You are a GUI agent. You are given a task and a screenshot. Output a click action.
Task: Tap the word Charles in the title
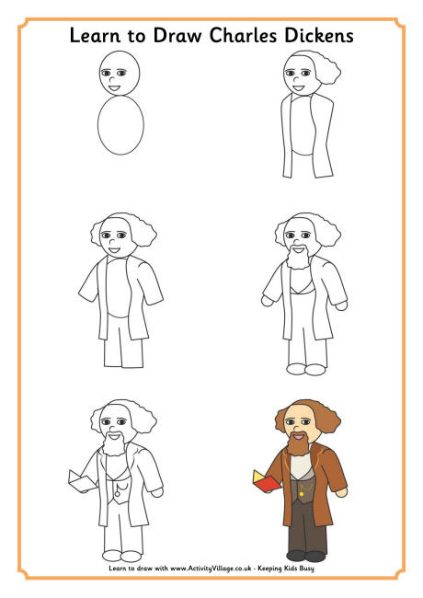pyautogui.click(x=243, y=35)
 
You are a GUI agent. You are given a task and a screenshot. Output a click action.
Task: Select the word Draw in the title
pyautogui.click(x=177, y=35)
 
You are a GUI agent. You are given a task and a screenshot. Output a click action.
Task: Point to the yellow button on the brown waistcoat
pyautogui.click(x=302, y=493)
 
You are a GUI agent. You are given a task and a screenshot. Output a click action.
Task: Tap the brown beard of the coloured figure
pyautogui.click(x=298, y=443)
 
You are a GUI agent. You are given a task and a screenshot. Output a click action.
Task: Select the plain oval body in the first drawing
pyautogui.click(x=120, y=125)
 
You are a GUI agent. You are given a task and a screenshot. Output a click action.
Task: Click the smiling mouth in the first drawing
pyautogui.click(x=115, y=88)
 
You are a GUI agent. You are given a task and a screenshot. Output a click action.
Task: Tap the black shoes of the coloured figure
pyautogui.click(x=305, y=556)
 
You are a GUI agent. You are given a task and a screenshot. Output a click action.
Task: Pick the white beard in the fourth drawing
pyautogui.click(x=298, y=257)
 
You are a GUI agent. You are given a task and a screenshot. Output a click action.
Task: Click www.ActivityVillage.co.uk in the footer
pyautogui.click(x=211, y=569)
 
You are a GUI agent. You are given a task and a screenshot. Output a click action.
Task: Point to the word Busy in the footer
pyautogui.click(x=306, y=569)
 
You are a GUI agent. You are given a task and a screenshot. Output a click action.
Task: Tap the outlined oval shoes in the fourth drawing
pyautogui.click(x=305, y=369)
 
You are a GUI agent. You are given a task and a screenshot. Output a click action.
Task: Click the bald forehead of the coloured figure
pyautogui.click(x=298, y=411)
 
